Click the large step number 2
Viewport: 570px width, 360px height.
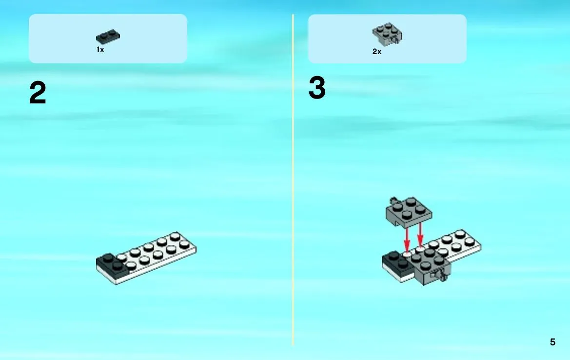coord(38,93)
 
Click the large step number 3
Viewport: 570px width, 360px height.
coord(317,88)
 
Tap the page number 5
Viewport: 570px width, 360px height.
coord(552,342)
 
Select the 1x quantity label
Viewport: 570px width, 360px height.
coord(100,49)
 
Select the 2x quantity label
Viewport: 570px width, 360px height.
coord(377,52)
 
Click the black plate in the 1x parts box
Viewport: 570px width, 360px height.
coord(108,37)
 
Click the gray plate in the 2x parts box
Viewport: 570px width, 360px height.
coord(387,34)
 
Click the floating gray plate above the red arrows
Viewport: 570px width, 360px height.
coord(409,212)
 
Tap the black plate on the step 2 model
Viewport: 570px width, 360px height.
coord(113,264)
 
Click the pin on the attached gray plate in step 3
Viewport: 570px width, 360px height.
coord(441,274)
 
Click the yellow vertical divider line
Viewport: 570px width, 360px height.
coord(293,180)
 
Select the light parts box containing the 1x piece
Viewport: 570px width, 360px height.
coord(108,39)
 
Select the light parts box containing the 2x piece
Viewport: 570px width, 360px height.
coord(387,39)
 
